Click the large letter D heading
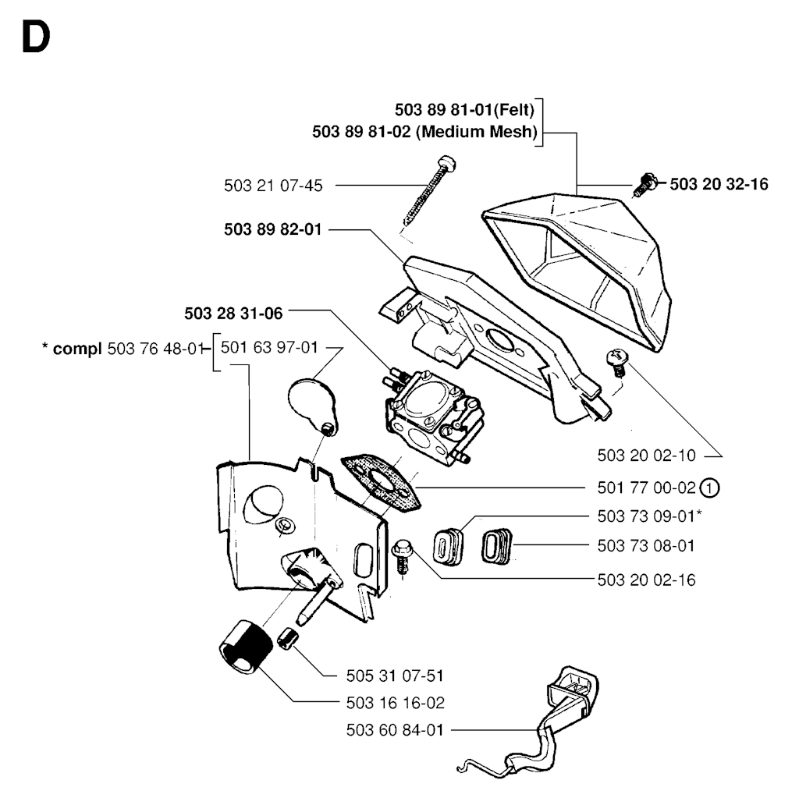36,37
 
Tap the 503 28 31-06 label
234,313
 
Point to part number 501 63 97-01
270,347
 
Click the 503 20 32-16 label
719,184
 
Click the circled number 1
708,488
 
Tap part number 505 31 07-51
395,675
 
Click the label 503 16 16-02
395,703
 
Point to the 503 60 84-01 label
394,730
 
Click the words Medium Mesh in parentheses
478,132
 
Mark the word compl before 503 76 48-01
76,348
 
